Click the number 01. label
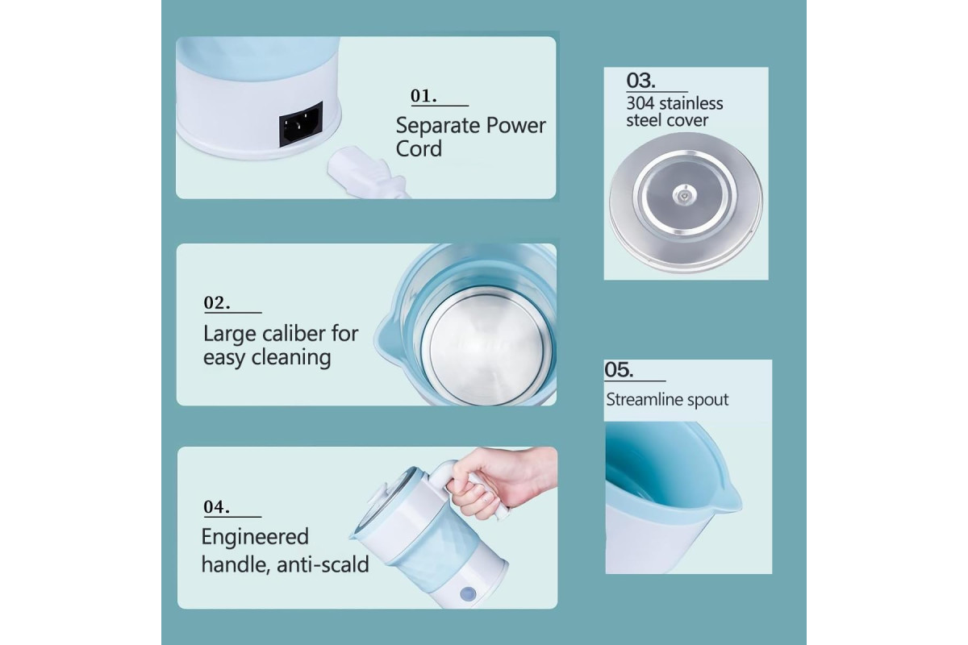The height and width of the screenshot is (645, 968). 423,96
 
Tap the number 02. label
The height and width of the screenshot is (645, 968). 217,302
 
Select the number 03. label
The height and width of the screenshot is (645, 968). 640,81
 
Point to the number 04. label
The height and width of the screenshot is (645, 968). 216,507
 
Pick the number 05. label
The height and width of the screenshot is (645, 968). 619,370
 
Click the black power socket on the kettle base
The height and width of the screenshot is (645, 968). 301,124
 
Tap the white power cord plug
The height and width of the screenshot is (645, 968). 366,173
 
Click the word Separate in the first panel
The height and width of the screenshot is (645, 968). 438,126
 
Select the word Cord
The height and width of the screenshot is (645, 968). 419,149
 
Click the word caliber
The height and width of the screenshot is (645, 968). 294,334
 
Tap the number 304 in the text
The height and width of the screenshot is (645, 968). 640,104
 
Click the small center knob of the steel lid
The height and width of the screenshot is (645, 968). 684,196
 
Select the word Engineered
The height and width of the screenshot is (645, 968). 255,538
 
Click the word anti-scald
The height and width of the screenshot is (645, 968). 323,564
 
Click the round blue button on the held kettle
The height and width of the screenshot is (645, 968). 468,593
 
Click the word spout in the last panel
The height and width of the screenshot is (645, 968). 707,401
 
